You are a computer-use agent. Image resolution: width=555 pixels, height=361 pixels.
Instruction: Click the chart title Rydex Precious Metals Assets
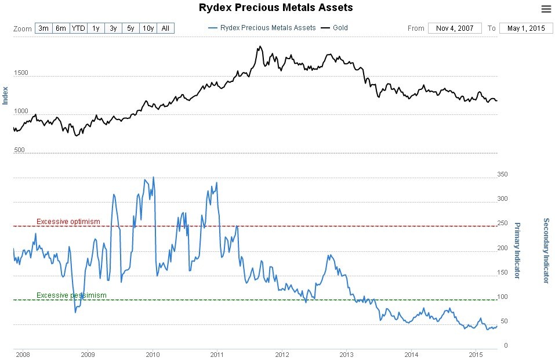click(x=275, y=8)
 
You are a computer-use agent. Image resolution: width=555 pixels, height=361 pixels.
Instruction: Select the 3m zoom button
click(x=43, y=28)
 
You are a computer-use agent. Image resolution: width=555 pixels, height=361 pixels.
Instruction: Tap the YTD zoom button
click(x=78, y=28)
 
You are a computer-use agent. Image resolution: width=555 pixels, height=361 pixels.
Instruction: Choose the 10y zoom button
click(x=148, y=28)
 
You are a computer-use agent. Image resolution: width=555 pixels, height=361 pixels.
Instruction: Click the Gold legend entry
click(x=340, y=28)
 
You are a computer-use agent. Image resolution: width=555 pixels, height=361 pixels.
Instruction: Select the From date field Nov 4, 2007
click(x=455, y=28)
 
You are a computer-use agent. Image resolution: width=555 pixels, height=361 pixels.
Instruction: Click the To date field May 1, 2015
click(x=526, y=28)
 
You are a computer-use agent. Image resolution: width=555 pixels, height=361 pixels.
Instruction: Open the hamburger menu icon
click(x=546, y=9)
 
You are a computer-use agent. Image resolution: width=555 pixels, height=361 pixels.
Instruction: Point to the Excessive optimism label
click(x=68, y=222)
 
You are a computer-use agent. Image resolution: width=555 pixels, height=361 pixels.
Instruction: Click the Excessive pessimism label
click(x=71, y=295)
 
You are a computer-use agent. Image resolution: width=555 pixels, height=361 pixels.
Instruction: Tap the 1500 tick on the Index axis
click(x=21, y=73)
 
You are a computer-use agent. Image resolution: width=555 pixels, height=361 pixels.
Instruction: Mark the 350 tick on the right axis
click(x=502, y=175)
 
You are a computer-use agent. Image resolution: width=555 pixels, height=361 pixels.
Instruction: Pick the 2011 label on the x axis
click(x=217, y=354)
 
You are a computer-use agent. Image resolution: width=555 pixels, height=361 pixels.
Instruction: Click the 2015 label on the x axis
click(x=476, y=354)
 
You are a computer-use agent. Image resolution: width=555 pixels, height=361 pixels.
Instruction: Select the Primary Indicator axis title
click(x=517, y=250)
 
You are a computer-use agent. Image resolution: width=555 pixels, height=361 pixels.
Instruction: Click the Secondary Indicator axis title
click(x=546, y=250)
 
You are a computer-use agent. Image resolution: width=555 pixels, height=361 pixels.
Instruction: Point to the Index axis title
click(x=5, y=95)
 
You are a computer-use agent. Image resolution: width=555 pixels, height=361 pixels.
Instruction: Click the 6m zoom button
click(x=61, y=28)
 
